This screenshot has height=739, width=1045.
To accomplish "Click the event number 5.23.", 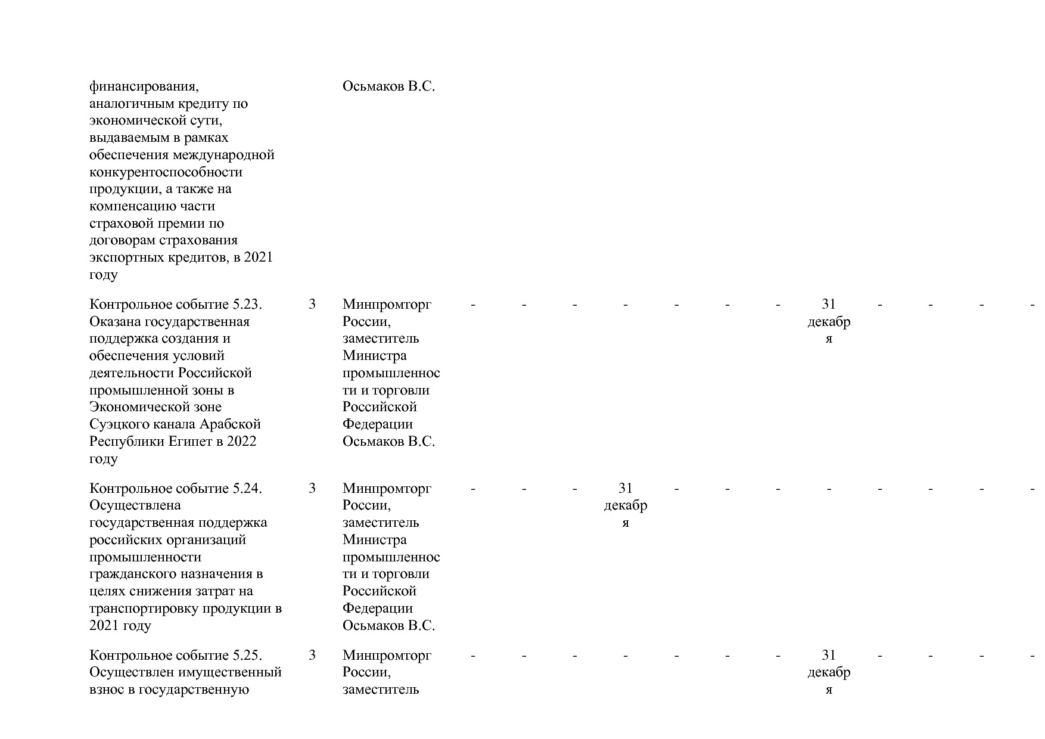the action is [248, 305].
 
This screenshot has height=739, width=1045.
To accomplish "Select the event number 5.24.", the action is [248, 489].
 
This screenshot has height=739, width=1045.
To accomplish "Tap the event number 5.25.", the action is [248, 656].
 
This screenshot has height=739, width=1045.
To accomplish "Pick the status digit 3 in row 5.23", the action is [312, 305].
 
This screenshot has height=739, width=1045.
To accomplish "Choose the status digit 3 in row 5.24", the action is [312, 489].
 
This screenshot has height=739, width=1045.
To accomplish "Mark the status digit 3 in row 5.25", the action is [312, 656].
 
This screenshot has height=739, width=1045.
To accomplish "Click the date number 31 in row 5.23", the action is [829, 305].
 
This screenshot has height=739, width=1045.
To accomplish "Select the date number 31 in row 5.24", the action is [625, 489].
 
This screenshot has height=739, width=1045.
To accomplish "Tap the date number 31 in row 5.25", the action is [829, 656].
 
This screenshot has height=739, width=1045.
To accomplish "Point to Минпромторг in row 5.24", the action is [387, 489].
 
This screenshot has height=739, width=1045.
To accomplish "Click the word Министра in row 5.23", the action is [375, 356].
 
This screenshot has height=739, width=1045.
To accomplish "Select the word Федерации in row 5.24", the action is [378, 608].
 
